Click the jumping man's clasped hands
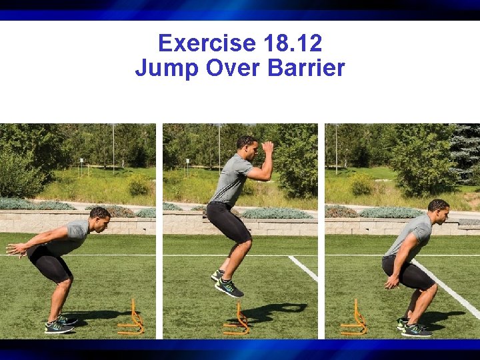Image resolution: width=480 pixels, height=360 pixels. click(x=268, y=148)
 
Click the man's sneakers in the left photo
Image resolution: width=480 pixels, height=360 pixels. click(x=61, y=324)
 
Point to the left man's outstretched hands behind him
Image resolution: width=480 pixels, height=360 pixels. click(x=15, y=249)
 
